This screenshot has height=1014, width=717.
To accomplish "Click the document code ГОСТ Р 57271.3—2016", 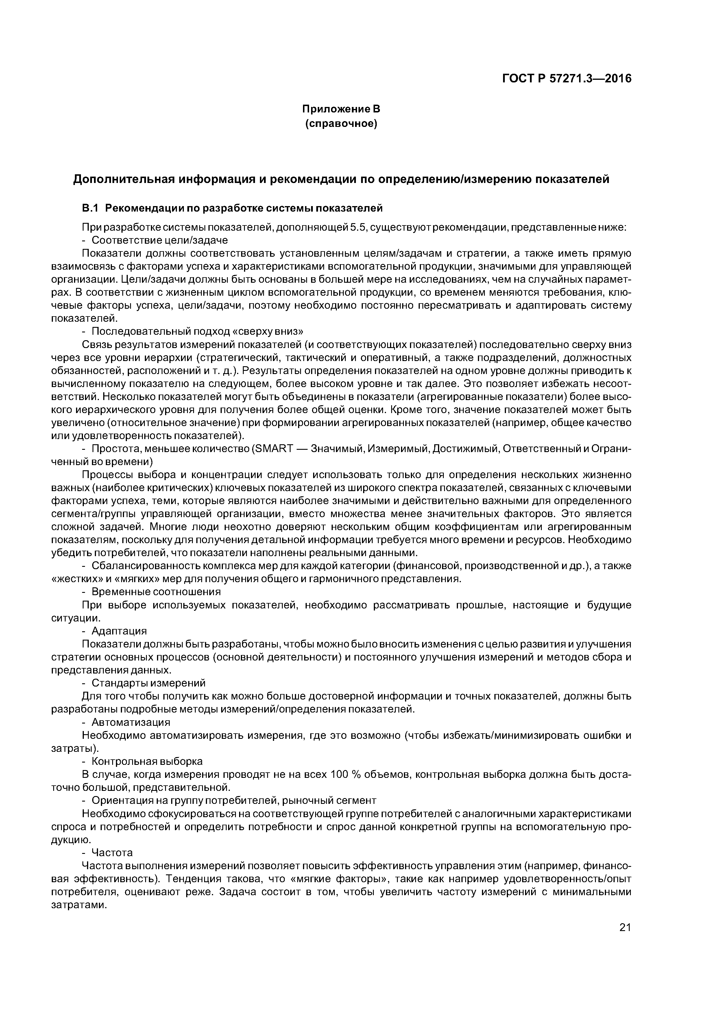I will (567, 79).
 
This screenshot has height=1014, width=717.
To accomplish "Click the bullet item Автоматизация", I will (130, 722).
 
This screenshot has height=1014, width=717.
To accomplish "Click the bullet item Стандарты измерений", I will (148, 683).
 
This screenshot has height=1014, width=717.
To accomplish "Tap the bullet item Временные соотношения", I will (156, 591).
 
